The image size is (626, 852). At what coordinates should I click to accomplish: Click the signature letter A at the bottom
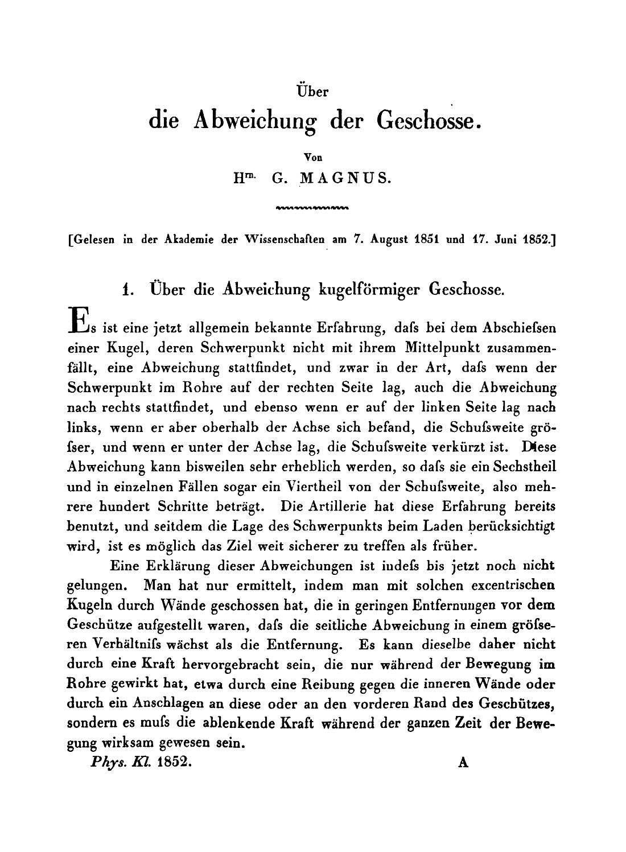(463, 764)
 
